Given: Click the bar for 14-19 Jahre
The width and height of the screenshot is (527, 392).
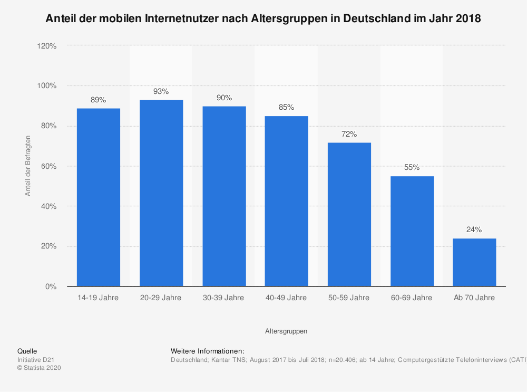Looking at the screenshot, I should (99, 197).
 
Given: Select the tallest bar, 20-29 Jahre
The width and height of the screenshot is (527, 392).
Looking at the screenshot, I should (161, 193).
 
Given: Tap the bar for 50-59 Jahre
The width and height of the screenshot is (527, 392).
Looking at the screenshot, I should (349, 214).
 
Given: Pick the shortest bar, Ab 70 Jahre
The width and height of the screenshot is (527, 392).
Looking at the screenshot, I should (474, 262).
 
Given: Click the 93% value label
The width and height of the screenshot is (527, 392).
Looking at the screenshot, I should (161, 92).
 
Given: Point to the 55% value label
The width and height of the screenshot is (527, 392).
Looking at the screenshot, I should (412, 168).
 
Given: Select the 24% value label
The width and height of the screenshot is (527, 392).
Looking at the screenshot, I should (474, 230).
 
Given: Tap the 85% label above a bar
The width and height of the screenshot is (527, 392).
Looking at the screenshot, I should (286, 108).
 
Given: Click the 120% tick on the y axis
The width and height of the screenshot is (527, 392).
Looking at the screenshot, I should (47, 46).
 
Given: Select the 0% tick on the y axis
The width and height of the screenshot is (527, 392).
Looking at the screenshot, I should (51, 286).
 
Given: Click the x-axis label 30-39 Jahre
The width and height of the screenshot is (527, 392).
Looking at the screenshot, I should (223, 298).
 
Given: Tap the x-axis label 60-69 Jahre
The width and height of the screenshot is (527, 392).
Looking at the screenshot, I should (412, 298).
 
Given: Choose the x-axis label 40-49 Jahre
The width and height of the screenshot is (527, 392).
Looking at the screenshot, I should (286, 298).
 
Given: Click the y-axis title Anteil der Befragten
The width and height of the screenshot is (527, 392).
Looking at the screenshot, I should (28, 166).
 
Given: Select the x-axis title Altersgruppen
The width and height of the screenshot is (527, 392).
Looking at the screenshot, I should (286, 331).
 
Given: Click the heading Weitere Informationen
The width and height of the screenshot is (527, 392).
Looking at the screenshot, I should (208, 351).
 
